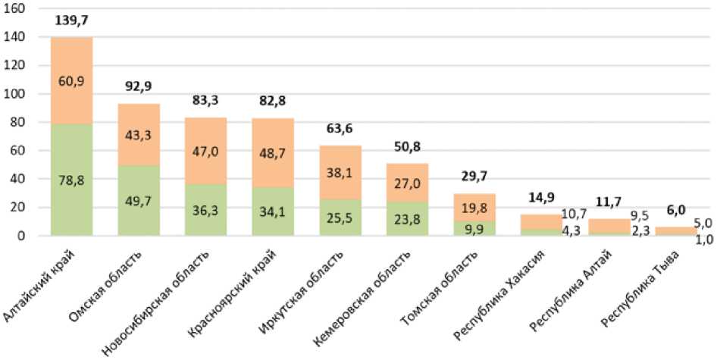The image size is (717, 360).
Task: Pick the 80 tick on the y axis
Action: click(20, 122)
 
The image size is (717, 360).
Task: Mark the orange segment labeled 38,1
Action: click(340, 171)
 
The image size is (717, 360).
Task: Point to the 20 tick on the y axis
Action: click(20, 208)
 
